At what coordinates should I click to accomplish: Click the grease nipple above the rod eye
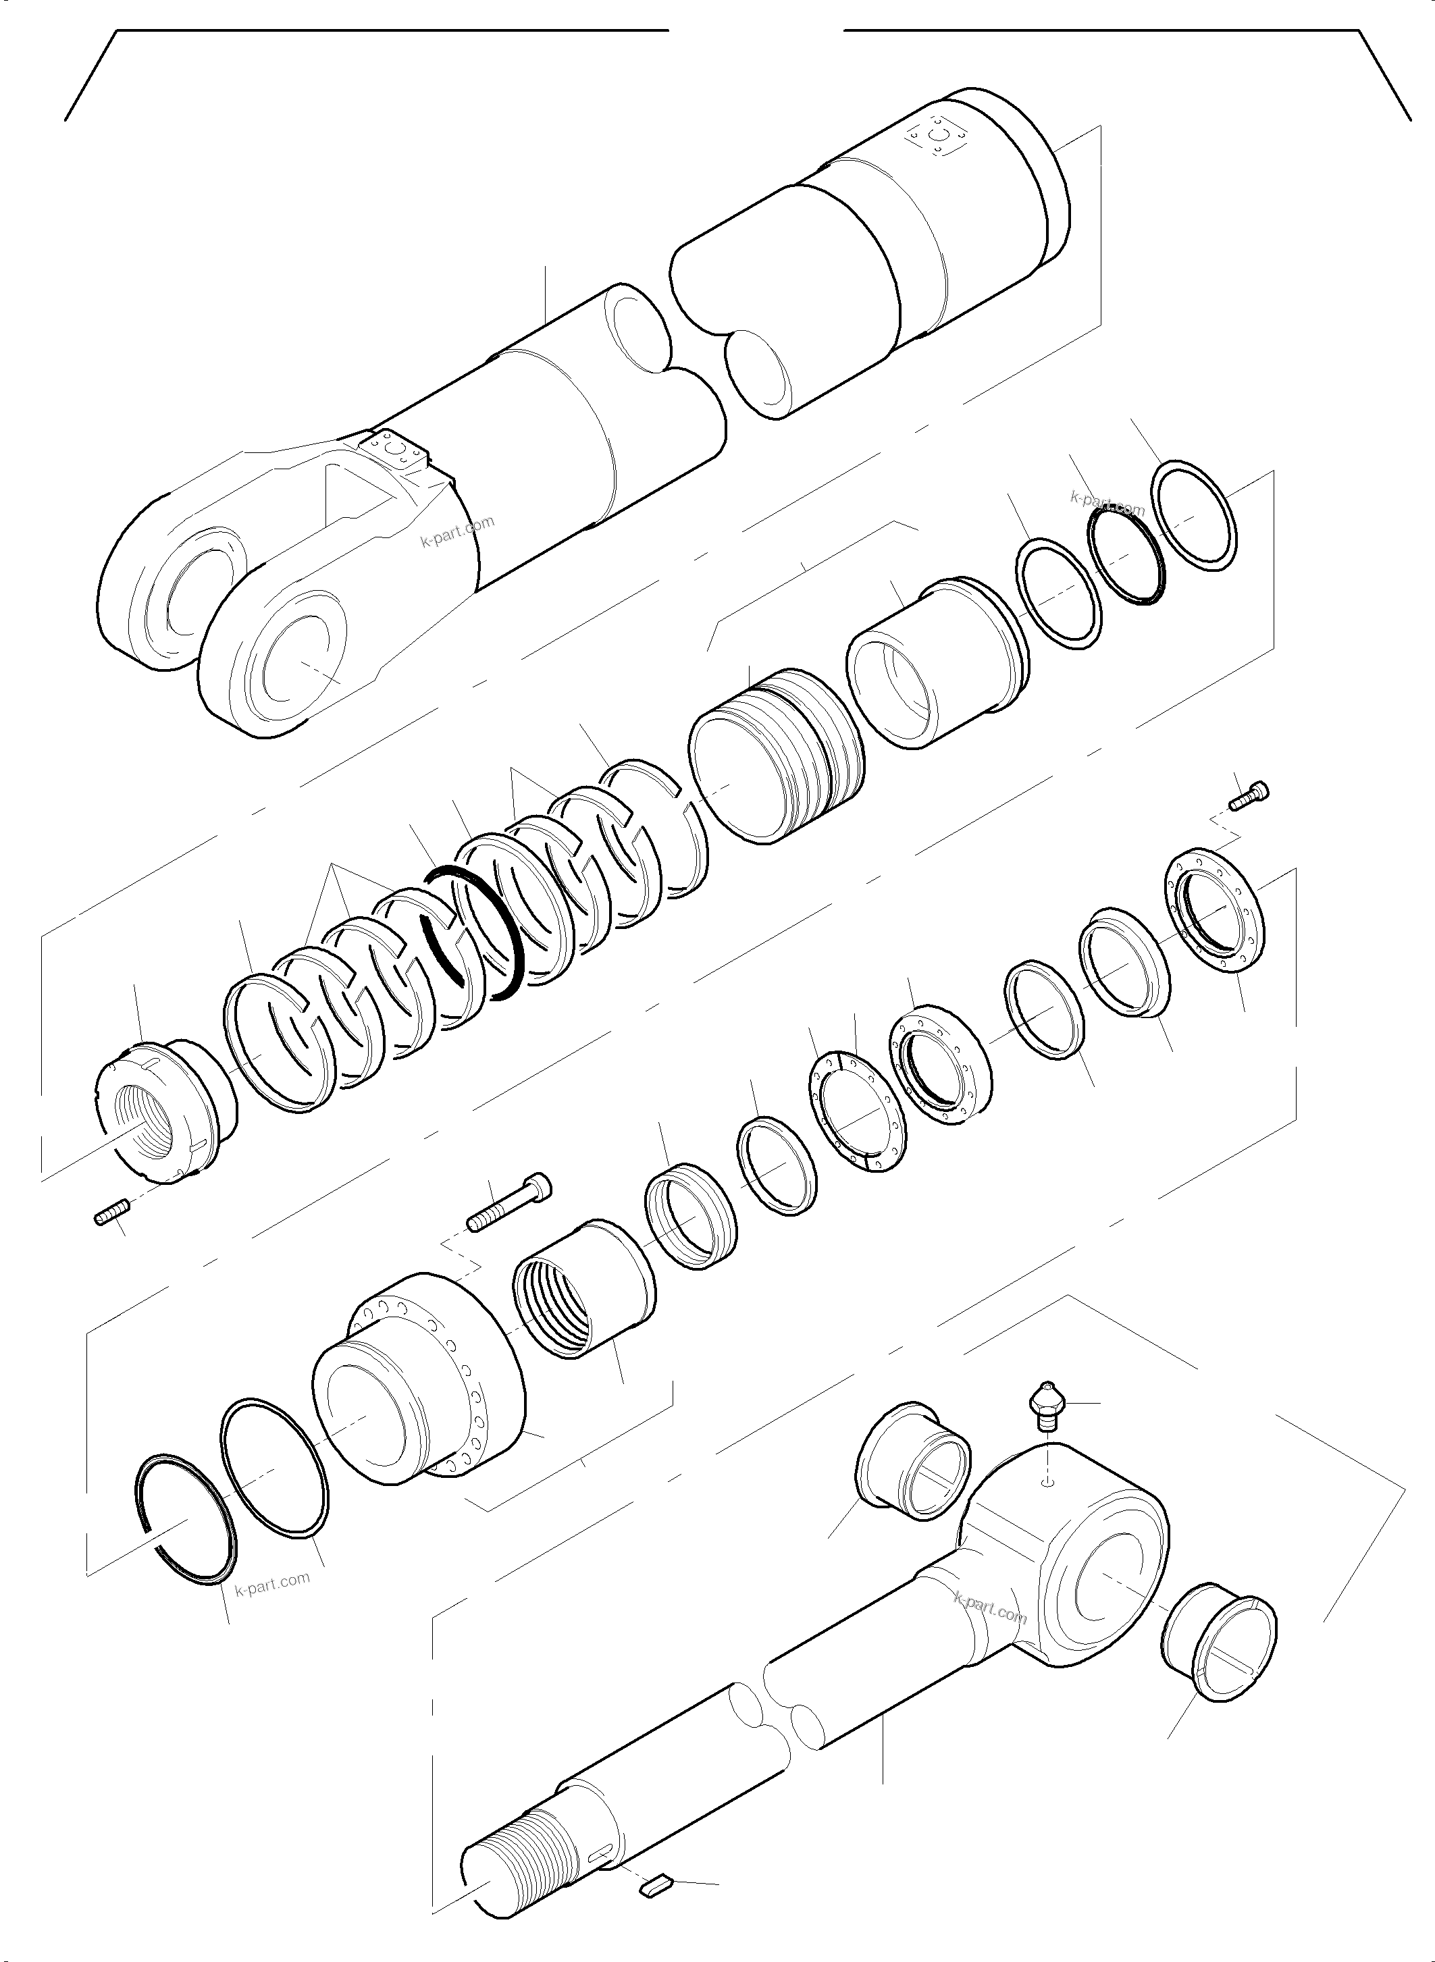click(1045, 1410)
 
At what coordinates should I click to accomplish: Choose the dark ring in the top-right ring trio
click(1124, 557)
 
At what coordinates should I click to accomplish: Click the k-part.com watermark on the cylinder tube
click(458, 531)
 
